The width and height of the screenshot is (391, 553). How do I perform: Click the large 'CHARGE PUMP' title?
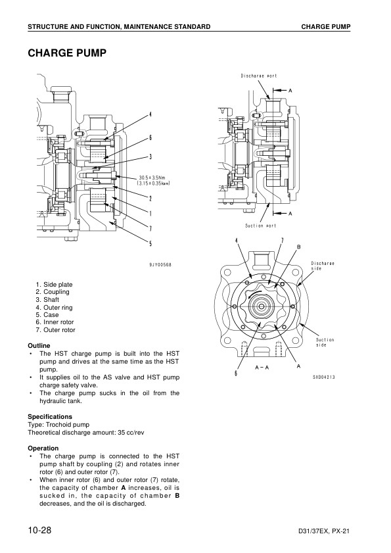[x=67, y=53]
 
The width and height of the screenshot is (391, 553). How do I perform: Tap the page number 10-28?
[x=39, y=530]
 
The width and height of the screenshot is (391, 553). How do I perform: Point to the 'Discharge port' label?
[x=259, y=76]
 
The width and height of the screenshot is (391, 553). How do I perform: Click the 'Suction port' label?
[x=260, y=226]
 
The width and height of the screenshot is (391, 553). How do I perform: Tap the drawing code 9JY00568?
[x=160, y=265]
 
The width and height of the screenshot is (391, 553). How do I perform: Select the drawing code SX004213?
[x=324, y=377]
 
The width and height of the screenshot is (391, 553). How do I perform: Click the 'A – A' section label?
[x=262, y=368]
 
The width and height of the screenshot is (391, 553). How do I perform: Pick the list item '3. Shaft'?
[x=47, y=300]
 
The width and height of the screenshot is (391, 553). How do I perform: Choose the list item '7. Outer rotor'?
[x=55, y=330]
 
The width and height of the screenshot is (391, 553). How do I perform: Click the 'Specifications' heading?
[x=50, y=416]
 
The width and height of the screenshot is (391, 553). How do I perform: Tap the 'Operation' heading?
[x=43, y=448]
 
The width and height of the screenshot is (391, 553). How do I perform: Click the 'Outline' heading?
[x=39, y=346]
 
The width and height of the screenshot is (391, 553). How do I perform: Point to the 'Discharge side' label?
[x=323, y=266]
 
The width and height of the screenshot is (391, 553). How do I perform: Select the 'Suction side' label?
[x=325, y=343]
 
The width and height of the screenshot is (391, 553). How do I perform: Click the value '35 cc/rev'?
[x=131, y=433]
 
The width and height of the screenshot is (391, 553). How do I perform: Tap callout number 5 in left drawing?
[x=150, y=243]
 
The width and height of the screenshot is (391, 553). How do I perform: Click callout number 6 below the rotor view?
[x=236, y=373]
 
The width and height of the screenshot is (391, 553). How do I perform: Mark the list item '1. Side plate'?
[x=54, y=285]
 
